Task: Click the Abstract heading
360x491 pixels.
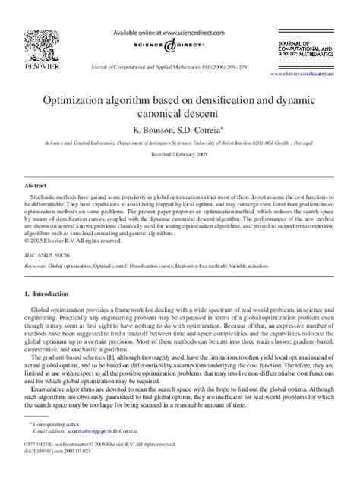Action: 36,185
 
